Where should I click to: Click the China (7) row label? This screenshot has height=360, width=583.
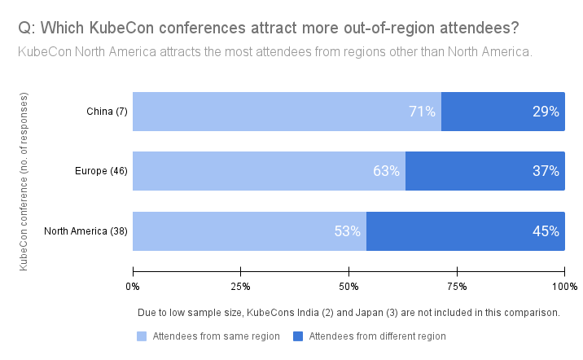[107, 112]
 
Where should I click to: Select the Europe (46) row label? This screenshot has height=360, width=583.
[101, 171]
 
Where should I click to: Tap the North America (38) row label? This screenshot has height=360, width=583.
[86, 230]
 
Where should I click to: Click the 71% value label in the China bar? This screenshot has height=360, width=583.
[422, 112]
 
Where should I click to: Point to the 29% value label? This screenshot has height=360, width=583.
[546, 112]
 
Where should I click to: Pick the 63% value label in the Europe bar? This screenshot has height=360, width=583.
[386, 171]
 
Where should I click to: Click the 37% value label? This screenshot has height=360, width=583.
[546, 171]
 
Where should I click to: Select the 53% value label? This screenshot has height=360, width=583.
[347, 230]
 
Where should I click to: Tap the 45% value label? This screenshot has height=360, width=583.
[546, 230]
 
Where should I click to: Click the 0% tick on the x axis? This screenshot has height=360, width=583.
[133, 286]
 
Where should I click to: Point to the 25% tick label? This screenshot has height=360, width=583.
[240, 286]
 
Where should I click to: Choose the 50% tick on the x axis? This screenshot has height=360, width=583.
[348, 286]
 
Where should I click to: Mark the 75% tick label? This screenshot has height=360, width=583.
[457, 286]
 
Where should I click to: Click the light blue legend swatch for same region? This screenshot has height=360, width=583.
[142, 336]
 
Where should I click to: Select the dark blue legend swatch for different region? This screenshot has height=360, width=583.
[299, 336]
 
